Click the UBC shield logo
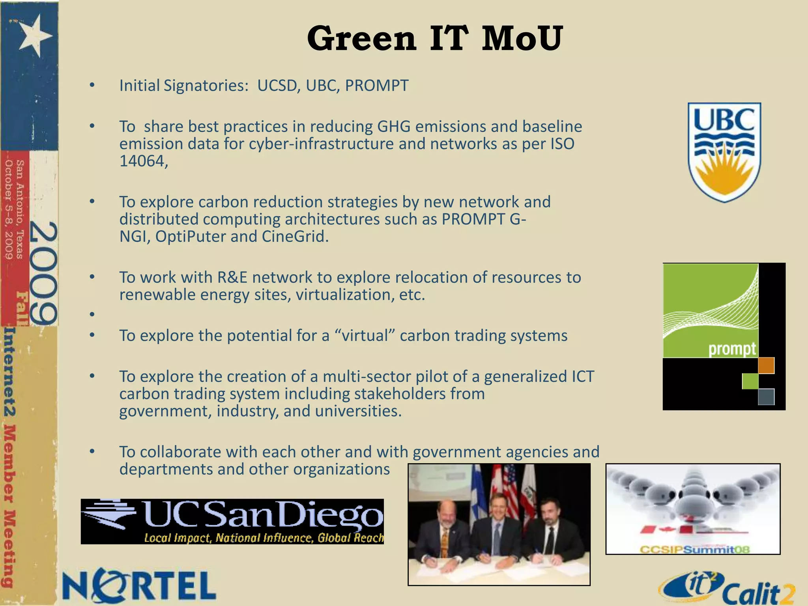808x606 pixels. pyautogui.click(x=724, y=152)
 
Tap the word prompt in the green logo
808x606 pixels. pyautogui.click(x=732, y=349)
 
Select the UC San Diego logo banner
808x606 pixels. pyautogui.click(x=232, y=521)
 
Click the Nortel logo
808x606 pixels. pyautogui.click(x=139, y=586)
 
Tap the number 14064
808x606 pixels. pyautogui.click(x=143, y=161)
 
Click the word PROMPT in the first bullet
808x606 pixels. pyautogui.click(x=377, y=86)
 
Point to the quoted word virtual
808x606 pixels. pyautogui.click(x=365, y=336)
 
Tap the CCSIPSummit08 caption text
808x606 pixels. pyautogui.click(x=694, y=549)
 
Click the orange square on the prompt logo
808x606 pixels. pyautogui.click(x=766, y=365)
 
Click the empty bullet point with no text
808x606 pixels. pyautogui.click(x=92, y=314)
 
